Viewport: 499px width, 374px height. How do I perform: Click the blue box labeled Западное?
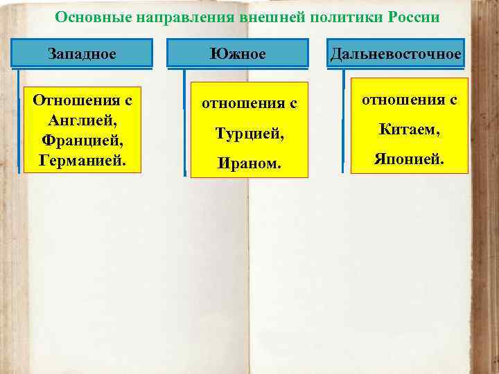(82, 53)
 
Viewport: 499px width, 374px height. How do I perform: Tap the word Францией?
(82, 140)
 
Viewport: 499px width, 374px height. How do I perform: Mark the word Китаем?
(409, 130)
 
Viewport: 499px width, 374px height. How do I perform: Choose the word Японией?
(409, 159)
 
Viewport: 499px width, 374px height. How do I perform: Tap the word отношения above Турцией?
(240, 104)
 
